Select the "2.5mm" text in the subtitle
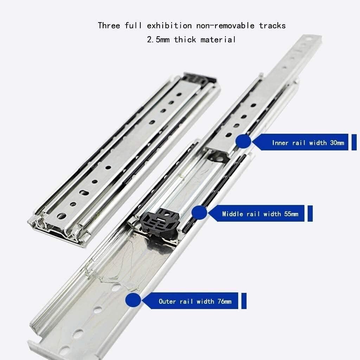[158, 39]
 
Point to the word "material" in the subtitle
[218, 39]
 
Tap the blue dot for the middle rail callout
[199, 213]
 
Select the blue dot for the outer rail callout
[133, 301]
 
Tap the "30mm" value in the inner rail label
[336, 143]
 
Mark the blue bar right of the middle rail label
[310, 214]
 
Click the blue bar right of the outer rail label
[244, 301]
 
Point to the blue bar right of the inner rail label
[354, 142]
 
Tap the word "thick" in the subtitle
[185, 39]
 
